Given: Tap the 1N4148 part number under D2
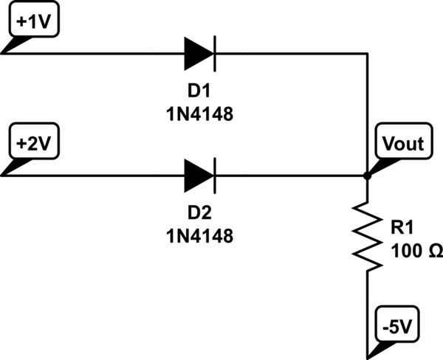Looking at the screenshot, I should tap(199, 237).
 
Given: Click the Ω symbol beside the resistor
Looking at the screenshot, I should tap(435, 252).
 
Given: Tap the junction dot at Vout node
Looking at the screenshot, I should tap(367, 176).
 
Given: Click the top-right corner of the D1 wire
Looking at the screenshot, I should tap(367, 54).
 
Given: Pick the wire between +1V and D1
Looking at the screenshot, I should tap(96, 54).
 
